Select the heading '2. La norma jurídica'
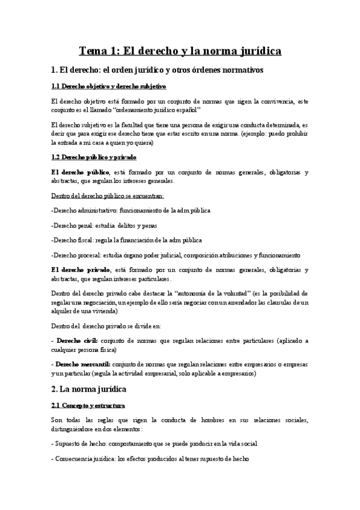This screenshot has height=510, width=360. tap(97, 389)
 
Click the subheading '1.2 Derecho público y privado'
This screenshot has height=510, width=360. tap(94, 157)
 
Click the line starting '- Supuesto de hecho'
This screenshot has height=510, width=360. tap(154, 443)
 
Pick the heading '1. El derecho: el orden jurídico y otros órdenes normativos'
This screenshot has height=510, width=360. tap(157, 70)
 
